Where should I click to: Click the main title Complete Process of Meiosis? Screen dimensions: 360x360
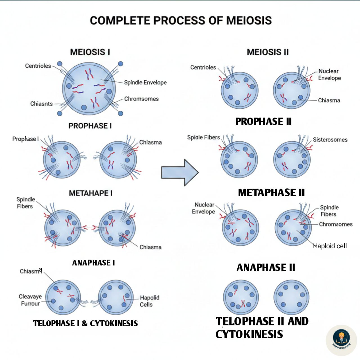point(181,20)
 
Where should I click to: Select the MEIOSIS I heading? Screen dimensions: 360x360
point(90,52)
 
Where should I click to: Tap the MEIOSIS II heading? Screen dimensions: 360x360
point(268,52)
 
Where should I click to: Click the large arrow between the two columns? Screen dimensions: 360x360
point(180,172)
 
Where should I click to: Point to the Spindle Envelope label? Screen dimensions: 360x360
point(145,82)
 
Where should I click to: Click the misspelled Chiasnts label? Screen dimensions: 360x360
point(41,104)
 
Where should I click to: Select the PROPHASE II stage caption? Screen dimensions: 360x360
point(264,121)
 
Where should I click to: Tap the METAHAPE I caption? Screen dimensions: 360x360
point(91,193)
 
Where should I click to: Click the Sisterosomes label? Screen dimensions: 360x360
point(330,139)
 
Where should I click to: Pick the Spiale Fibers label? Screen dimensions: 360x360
point(203,137)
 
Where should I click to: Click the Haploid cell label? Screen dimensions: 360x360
point(330,246)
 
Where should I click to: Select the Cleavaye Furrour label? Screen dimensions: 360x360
point(30,300)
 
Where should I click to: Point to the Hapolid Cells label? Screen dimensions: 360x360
point(150,301)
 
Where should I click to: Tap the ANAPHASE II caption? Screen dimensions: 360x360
point(266,267)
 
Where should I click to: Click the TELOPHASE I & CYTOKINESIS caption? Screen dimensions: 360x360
point(85,323)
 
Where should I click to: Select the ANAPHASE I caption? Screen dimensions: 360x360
point(93,263)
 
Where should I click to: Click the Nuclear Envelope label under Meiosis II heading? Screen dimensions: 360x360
point(330,75)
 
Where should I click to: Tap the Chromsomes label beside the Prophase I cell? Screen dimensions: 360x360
point(141,99)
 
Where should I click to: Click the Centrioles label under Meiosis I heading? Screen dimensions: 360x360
point(38,66)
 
